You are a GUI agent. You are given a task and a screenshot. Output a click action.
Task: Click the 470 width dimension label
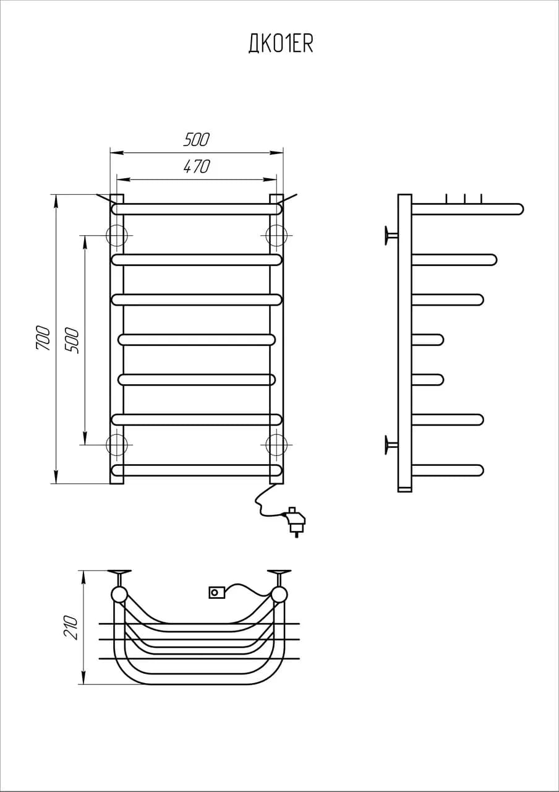click(x=197, y=166)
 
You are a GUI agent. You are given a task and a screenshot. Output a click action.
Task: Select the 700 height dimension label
click(x=43, y=338)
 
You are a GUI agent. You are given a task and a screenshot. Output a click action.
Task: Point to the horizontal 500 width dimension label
click(x=197, y=139)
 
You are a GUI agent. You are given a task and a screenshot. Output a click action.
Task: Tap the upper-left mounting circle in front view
click(x=117, y=236)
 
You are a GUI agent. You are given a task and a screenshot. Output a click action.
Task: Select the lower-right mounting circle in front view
click(x=276, y=444)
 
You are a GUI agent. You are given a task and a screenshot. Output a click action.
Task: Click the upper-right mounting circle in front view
click(x=276, y=236)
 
